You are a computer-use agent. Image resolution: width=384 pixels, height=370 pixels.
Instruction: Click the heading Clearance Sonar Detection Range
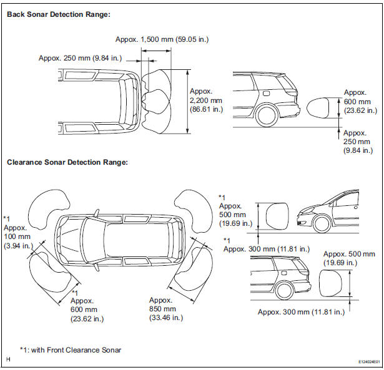(x=67, y=162)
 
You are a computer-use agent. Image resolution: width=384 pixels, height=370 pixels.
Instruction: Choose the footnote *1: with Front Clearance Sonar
(x=71, y=349)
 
